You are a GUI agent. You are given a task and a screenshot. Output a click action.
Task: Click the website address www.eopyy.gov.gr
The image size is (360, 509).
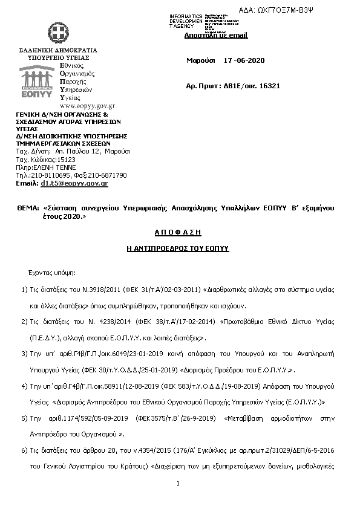[x=87, y=105]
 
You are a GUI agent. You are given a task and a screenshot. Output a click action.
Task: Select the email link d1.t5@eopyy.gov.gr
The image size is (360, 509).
[x=74, y=183]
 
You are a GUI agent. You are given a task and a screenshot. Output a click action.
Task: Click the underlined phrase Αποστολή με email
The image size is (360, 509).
[x=216, y=35]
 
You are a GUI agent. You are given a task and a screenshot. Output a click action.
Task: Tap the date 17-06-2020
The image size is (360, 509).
[x=244, y=61]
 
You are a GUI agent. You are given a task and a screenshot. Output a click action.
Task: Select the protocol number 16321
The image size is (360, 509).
[x=269, y=86]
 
